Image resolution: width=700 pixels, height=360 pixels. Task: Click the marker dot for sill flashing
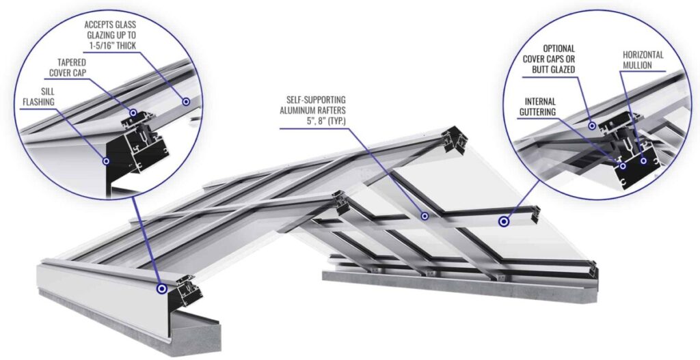pos(106,161)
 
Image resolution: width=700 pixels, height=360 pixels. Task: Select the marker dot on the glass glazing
pos(185,101)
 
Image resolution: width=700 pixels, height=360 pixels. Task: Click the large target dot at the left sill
pos(161,289)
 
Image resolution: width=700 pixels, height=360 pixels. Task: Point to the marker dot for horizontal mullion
pos(643,161)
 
